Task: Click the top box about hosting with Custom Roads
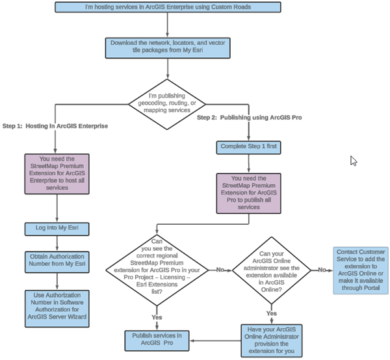point(167,7)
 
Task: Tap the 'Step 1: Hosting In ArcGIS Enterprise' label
point(55,125)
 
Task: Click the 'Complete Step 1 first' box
point(248,147)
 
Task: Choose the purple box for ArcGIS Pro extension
point(248,192)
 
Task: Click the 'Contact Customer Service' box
point(360,270)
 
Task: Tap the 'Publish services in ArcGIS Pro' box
point(157,339)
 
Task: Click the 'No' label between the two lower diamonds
point(220,268)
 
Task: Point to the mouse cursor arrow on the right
point(354,161)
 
